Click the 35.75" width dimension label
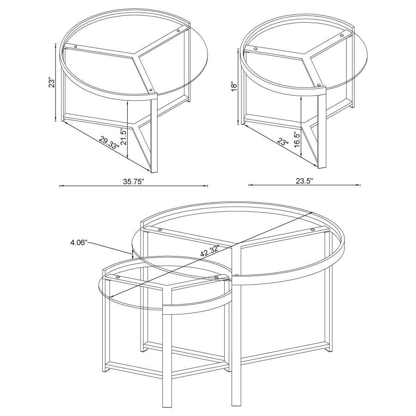click(134, 181)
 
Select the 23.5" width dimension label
click(306, 181)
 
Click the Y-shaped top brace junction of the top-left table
click(137, 57)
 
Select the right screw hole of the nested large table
click(312, 229)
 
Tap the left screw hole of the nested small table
click(118, 277)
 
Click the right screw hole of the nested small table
click(216, 277)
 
